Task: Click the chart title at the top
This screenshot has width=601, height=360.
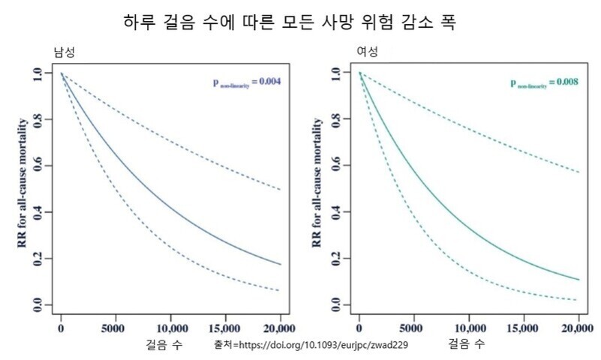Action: (x=290, y=22)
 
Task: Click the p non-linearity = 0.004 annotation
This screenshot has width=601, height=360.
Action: (x=245, y=82)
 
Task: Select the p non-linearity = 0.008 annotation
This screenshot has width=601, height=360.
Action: (x=544, y=82)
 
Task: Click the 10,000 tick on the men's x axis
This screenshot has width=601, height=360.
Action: (x=170, y=328)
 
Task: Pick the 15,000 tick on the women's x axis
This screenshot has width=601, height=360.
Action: (x=523, y=328)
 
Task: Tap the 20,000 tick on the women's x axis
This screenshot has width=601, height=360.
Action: (x=578, y=328)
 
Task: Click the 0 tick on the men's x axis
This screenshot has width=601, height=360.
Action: (x=62, y=328)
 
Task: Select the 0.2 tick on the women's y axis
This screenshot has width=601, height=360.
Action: (x=337, y=259)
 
